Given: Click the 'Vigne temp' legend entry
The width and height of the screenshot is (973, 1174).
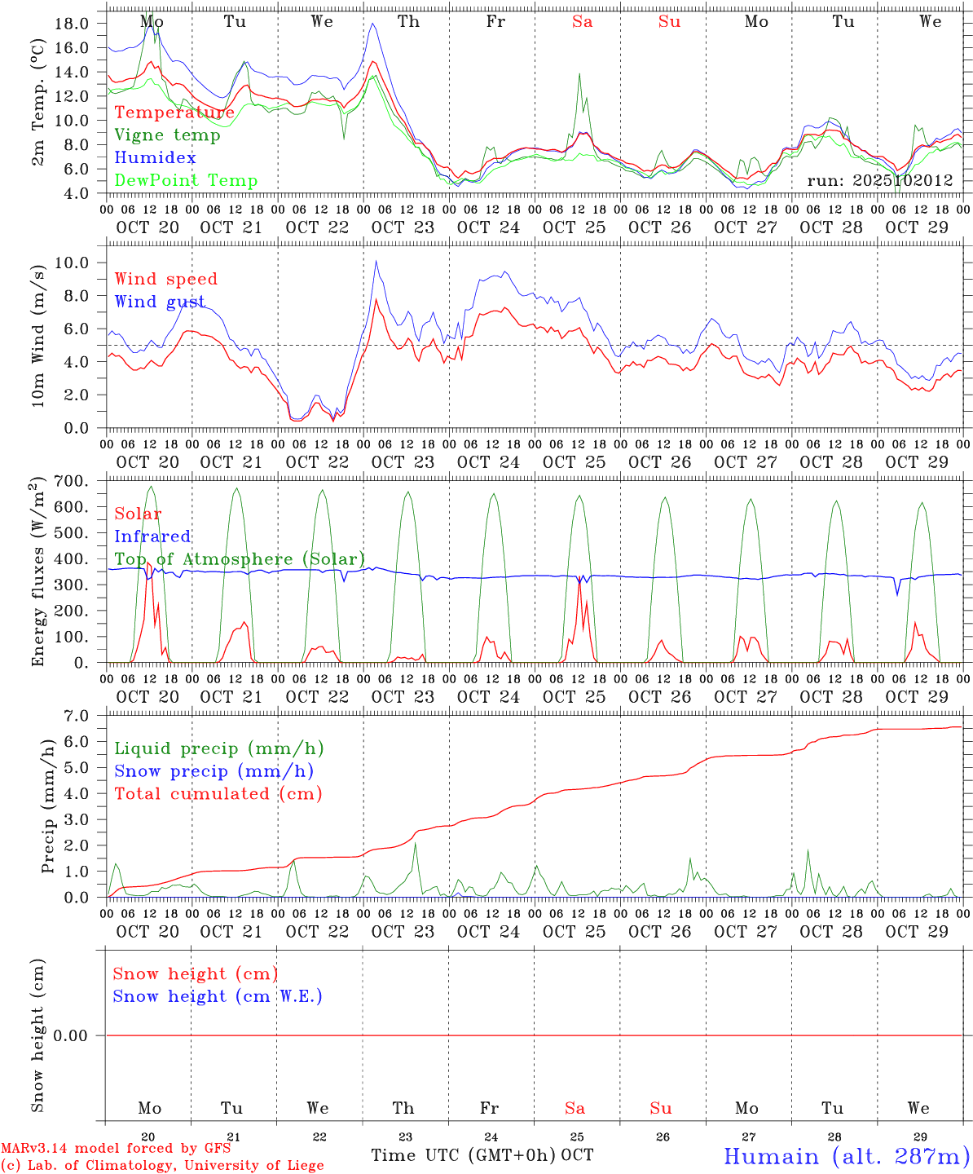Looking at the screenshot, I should pyautogui.click(x=167, y=135).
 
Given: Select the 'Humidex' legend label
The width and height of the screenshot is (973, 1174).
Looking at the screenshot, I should pyautogui.click(x=155, y=158).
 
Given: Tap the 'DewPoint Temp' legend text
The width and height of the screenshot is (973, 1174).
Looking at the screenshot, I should pyautogui.click(x=186, y=181).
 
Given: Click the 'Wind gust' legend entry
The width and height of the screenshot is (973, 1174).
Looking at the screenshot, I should pyautogui.click(x=160, y=302).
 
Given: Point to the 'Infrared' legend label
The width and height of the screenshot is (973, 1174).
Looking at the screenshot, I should pyautogui.click(x=152, y=536).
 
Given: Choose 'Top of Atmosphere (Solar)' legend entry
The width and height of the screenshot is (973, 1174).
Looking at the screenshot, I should pyautogui.click(x=239, y=559).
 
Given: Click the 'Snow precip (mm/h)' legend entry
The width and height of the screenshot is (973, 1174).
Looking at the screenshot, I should pyautogui.click(x=214, y=771).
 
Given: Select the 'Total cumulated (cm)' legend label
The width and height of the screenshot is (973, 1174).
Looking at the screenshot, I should pyautogui.click(x=218, y=794).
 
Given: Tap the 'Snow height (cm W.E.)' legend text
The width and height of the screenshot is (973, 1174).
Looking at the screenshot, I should pyautogui.click(x=218, y=996).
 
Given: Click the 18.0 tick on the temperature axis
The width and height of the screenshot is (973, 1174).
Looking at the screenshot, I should pyautogui.click(x=71, y=24).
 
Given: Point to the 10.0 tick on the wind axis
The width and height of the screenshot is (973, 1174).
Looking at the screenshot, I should pyautogui.click(x=71, y=263).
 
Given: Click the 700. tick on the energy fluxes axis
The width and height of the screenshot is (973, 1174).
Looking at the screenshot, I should pyautogui.click(x=71, y=481).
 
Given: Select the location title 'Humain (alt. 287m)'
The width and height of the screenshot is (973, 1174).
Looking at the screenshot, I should pyautogui.click(x=847, y=1156).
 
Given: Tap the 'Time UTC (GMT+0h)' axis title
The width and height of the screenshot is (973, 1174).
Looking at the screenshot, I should pyautogui.click(x=464, y=1155).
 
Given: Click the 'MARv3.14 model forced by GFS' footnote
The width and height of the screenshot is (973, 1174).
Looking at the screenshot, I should pyautogui.click(x=115, y=1148).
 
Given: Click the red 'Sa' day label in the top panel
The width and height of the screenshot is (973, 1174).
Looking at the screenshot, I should pyautogui.click(x=582, y=22).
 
